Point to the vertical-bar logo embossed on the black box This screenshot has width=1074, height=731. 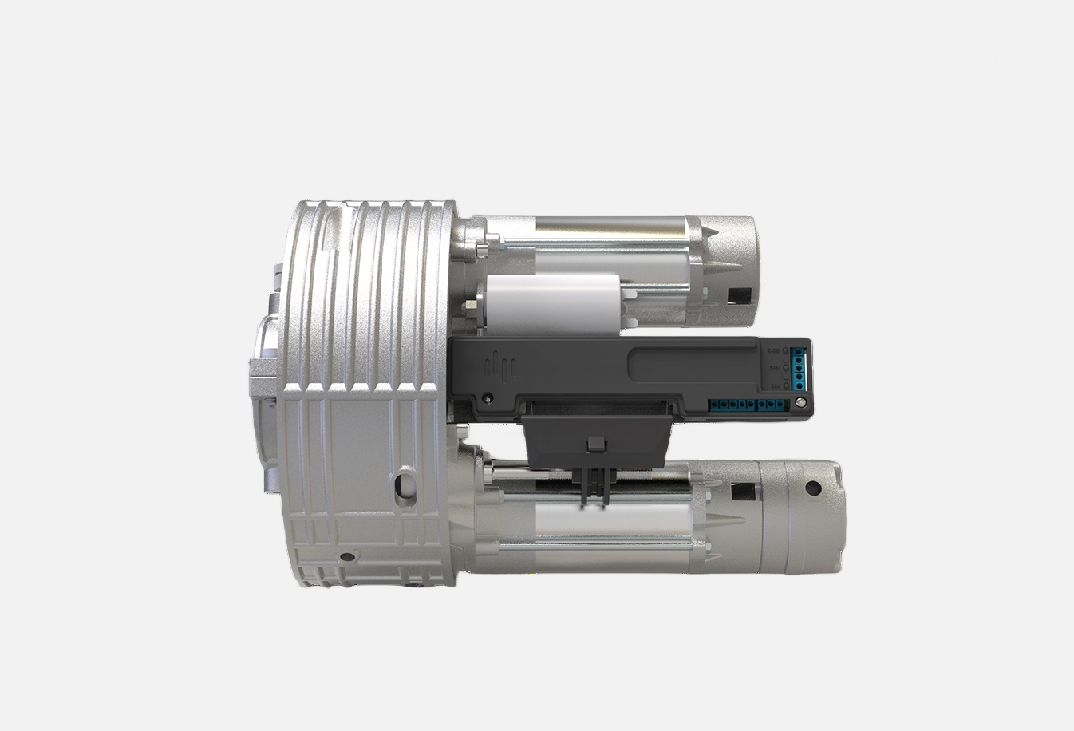click(503, 365)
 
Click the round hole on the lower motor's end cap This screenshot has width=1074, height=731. click(812, 488)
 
